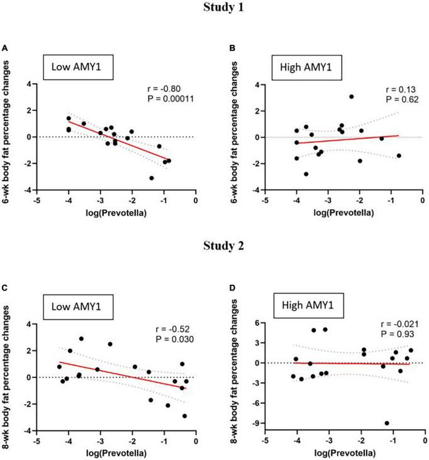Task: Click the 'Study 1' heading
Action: point(214,9)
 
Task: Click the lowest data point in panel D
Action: point(386,423)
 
